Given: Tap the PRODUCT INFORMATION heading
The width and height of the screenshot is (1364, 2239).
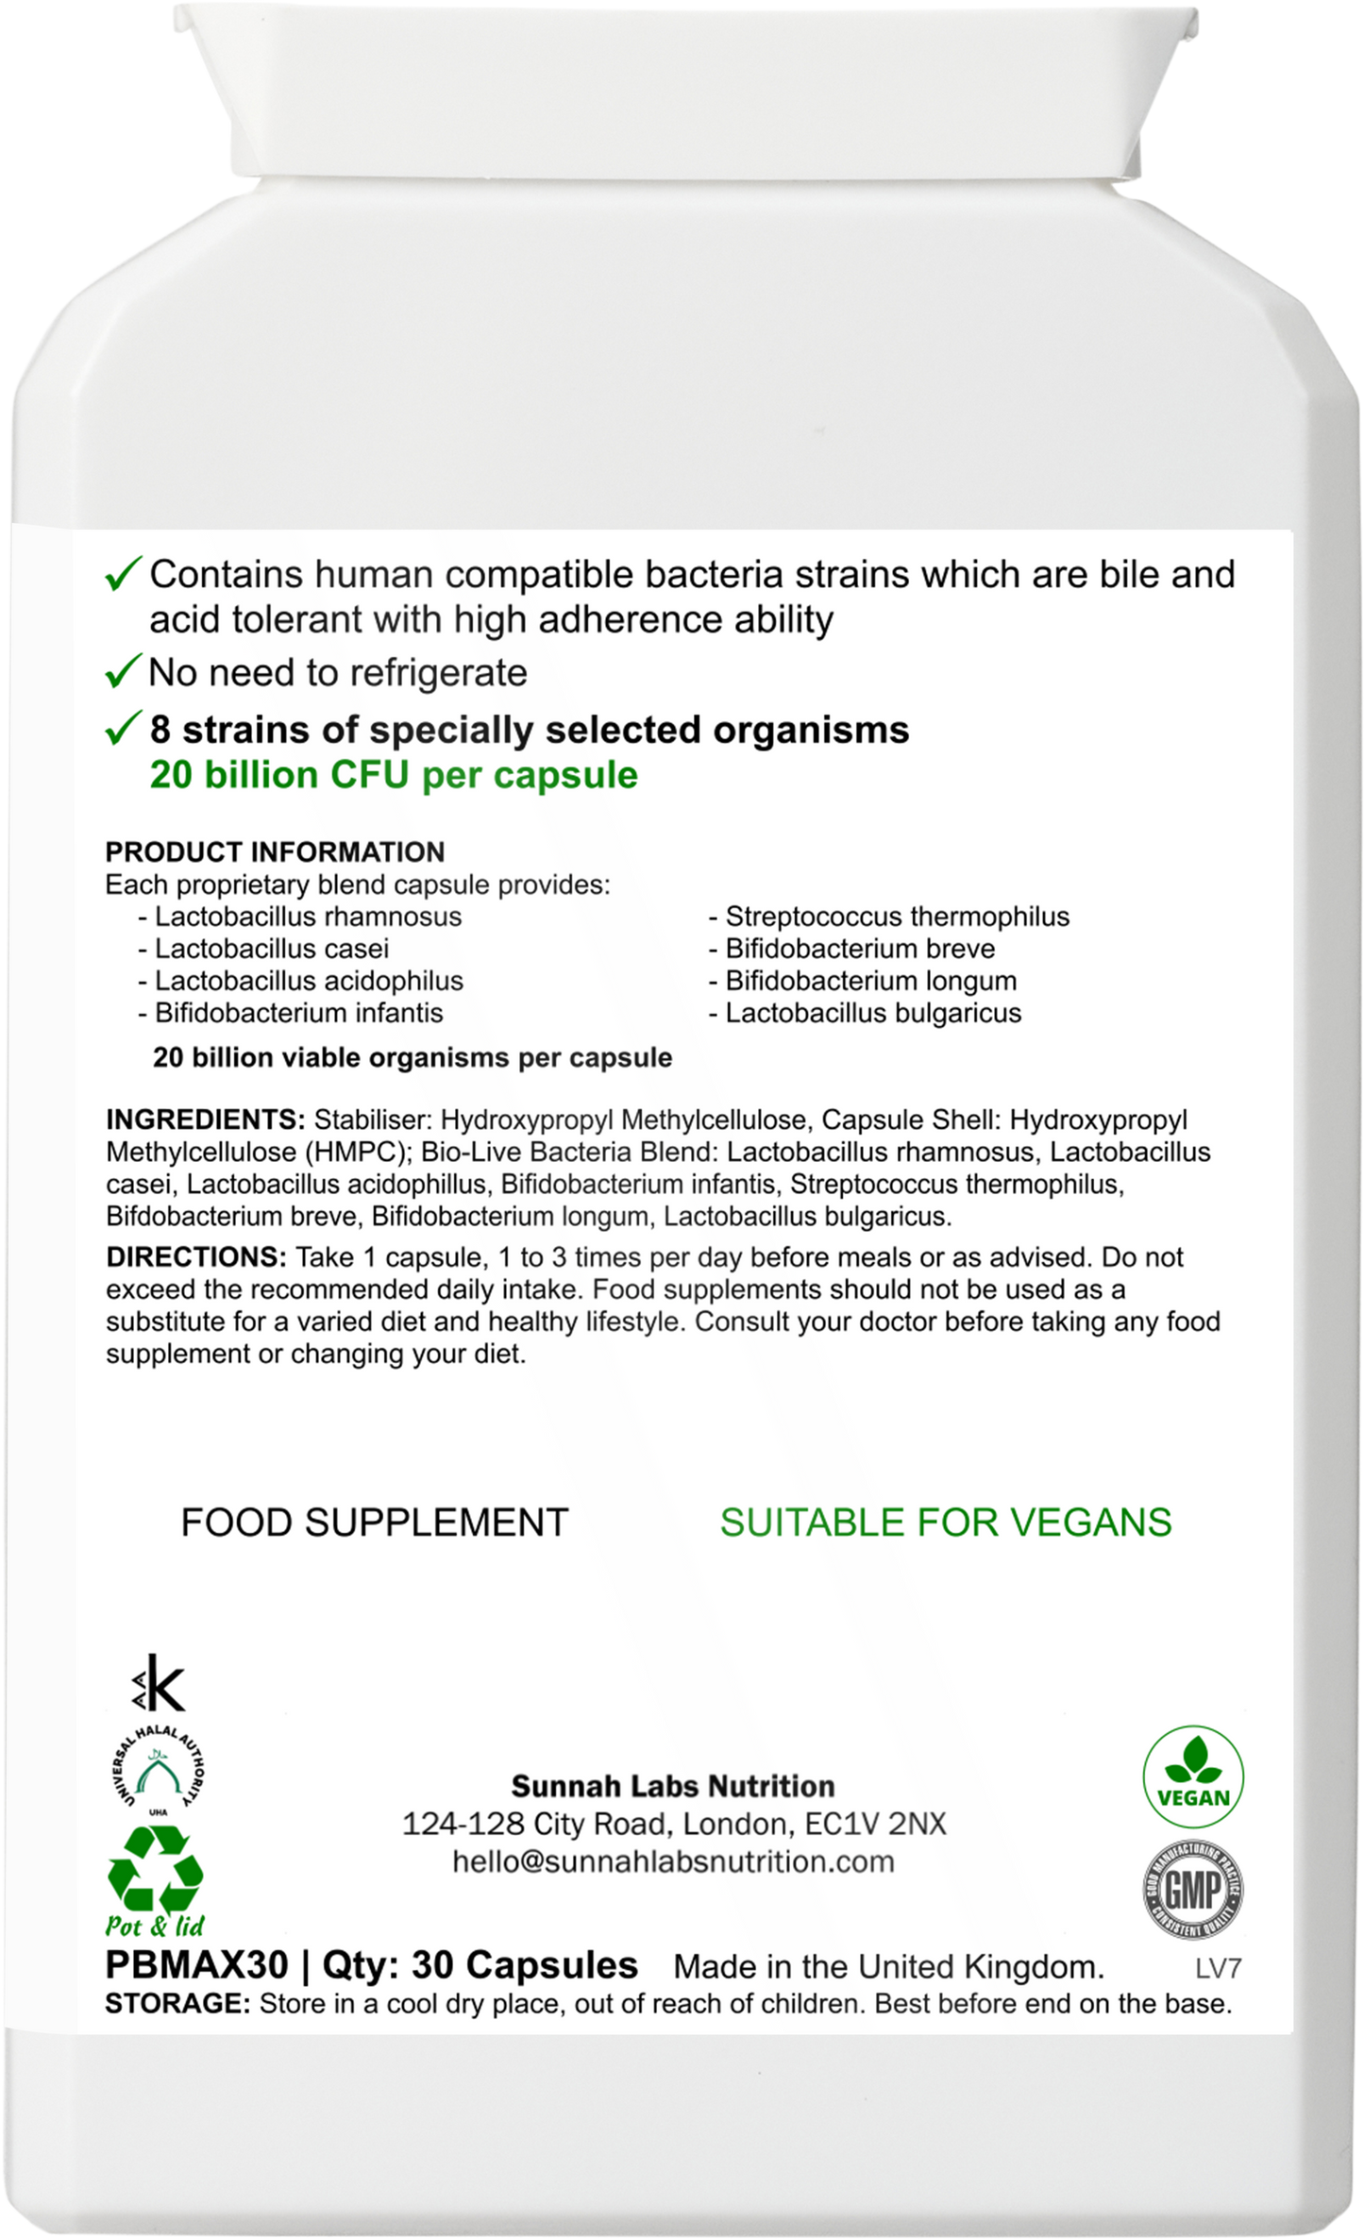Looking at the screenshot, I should (x=275, y=852).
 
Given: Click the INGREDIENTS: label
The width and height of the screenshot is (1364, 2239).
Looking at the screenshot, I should (x=205, y=1119).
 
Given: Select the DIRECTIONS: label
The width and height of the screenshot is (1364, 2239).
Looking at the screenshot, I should (x=195, y=1257).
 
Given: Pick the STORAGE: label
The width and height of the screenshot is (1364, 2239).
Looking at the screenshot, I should (x=177, y=2004).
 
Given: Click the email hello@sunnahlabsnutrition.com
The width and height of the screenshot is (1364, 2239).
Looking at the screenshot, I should (x=673, y=1861).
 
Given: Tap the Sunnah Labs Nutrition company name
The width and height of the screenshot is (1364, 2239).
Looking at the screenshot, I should (x=673, y=1786).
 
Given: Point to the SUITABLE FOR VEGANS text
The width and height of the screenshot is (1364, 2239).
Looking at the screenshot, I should (x=946, y=1523).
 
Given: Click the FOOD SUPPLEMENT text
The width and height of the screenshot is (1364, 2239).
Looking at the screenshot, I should (x=374, y=1523).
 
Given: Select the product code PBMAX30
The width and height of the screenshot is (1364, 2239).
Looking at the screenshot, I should (x=196, y=1964).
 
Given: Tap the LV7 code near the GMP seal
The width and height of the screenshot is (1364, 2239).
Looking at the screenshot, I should (x=1218, y=1968).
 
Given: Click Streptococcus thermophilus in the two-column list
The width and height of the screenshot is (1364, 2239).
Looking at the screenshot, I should (x=897, y=917).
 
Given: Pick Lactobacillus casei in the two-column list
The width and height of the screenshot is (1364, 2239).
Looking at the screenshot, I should (x=272, y=949).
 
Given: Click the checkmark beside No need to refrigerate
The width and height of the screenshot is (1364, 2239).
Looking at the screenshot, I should (x=123, y=672).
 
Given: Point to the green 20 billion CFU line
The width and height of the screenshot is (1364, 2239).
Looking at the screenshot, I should (x=394, y=775).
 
